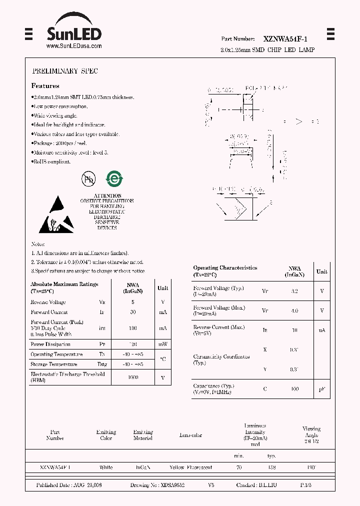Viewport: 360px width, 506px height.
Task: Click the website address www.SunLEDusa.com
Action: click(74, 46)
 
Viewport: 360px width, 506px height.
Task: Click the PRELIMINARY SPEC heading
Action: click(65, 71)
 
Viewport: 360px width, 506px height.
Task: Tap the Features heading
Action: click(45, 86)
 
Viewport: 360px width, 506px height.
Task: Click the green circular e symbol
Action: click(114, 179)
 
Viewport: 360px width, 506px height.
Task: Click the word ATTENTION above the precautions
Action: click(107, 195)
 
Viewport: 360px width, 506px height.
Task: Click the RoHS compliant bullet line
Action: click(51, 161)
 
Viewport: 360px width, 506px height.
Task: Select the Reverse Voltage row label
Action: click(48, 302)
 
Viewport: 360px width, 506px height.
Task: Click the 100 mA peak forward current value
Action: click(133, 328)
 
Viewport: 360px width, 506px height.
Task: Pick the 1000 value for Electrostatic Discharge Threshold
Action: click(133, 377)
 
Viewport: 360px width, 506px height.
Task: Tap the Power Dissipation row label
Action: click(50, 344)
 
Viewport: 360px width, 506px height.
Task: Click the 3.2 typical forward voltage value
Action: click(294, 290)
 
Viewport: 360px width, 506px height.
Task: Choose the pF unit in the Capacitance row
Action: click(322, 389)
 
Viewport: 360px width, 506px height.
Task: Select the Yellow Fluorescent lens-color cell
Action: click(190, 467)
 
